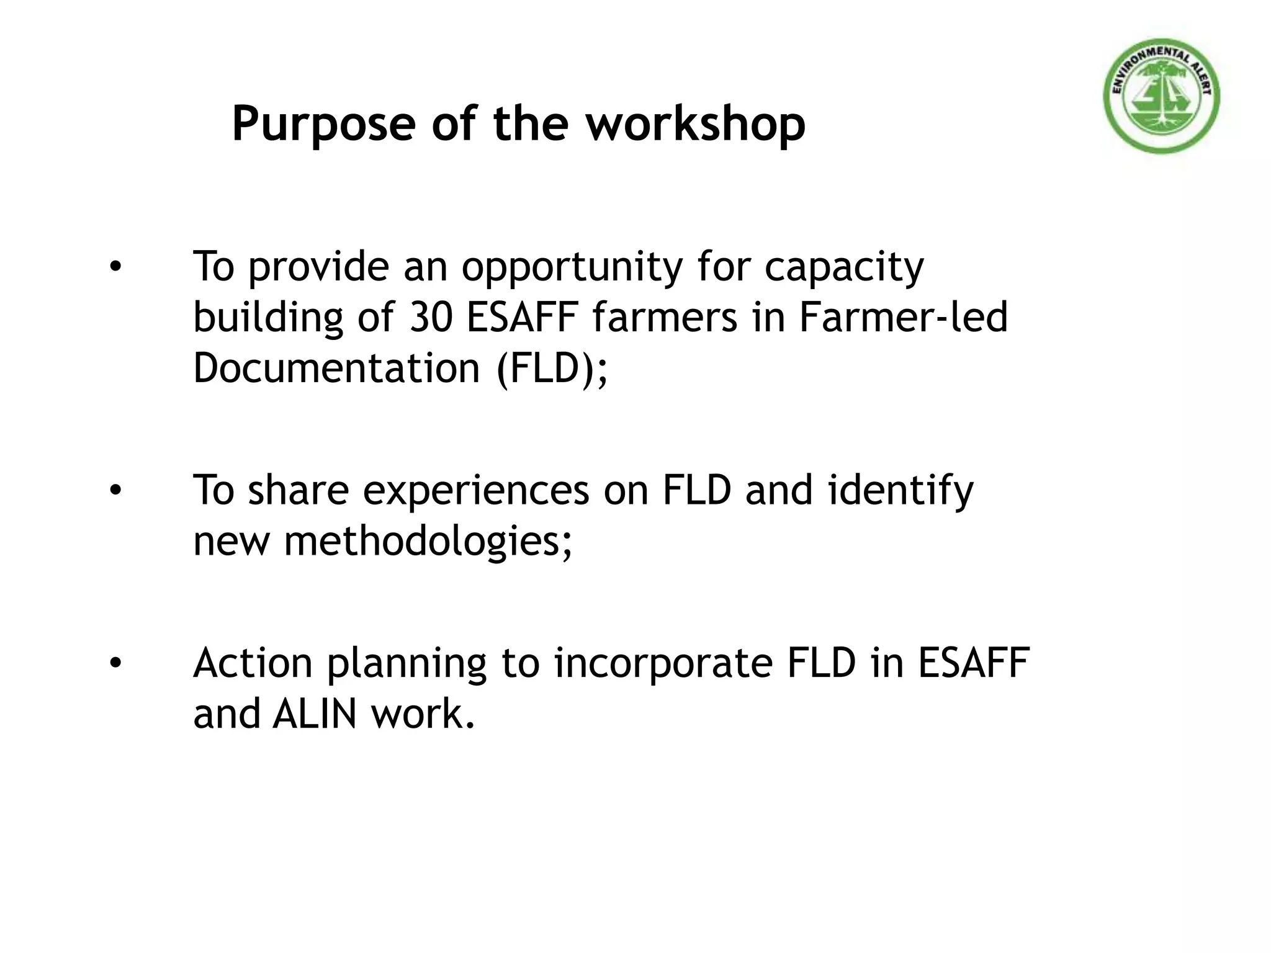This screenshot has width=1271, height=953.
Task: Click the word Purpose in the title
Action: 323,124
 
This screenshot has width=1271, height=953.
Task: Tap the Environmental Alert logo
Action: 1161,97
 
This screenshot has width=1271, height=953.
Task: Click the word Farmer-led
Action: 902,317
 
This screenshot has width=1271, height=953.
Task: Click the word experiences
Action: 475,490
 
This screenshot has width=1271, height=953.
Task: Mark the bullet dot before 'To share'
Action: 115,491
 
